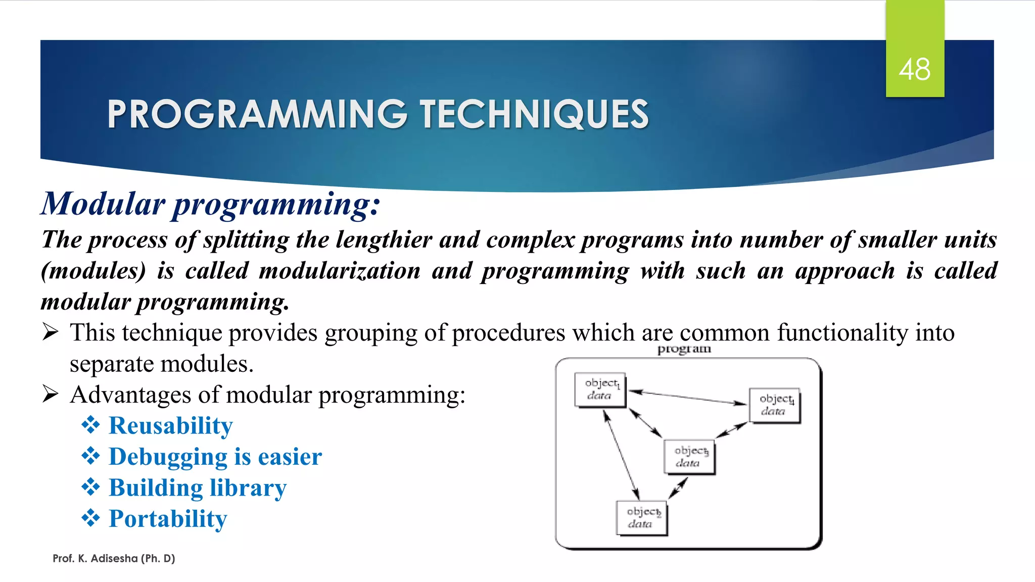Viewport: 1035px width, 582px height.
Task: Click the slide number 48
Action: click(914, 70)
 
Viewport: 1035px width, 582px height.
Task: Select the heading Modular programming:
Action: click(210, 204)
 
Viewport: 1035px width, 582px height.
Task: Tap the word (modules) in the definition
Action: click(93, 271)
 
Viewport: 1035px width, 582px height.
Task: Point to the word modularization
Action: click(340, 271)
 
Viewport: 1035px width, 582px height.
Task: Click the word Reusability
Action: click(171, 425)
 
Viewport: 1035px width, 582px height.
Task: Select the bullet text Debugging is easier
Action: click(215, 457)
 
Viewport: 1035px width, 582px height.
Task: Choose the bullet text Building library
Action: click(198, 488)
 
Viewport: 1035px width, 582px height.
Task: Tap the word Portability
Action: click(168, 519)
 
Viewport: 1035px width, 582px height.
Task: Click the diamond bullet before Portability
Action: click(91, 518)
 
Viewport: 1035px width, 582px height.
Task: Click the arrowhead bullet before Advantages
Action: click(51, 394)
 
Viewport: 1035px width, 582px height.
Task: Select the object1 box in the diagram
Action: click(600, 390)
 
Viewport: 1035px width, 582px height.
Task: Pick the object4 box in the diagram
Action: click(774, 405)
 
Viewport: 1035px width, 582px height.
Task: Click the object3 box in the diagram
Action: click(689, 457)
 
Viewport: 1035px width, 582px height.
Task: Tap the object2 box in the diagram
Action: click(641, 518)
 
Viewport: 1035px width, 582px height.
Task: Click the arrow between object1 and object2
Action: click(622, 455)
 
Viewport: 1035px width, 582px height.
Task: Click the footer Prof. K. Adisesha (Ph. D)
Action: click(114, 558)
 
